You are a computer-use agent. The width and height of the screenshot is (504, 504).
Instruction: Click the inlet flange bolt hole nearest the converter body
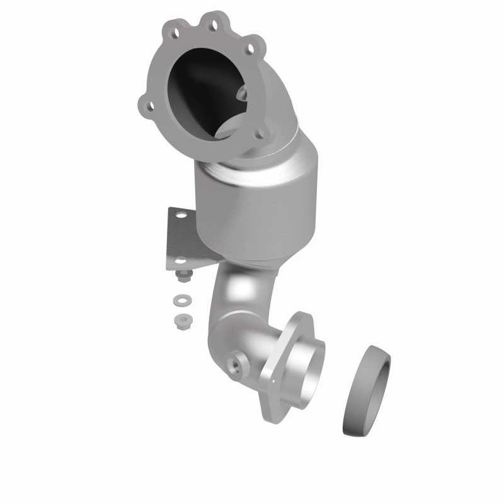pos(260,133)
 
